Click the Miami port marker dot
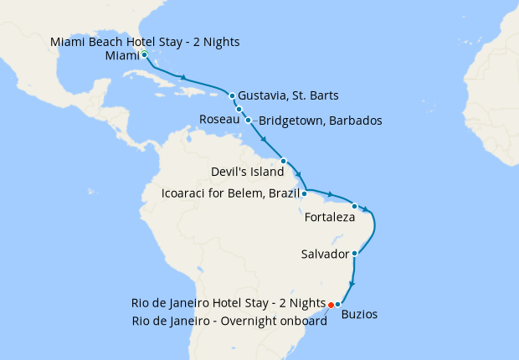click(x=145, y=55)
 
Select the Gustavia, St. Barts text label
click(x=288, y=95)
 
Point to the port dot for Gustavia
click(x=232, y=95)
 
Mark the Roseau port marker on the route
click(x=239, y=110)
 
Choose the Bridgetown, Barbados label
click(x=321, y=121)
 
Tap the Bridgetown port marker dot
click(x=248, y=121)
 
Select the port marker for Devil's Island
click(x=284, y=161)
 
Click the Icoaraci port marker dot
click(x=304, y=193)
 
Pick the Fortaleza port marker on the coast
click(x=355, y=206)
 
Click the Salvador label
click(x=325, y=253)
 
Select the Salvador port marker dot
click(x=355, y=253)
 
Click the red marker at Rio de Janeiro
click(x=331, y=304)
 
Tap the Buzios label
click(x=360, y=315)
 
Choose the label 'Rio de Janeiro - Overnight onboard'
click(x=228, y=321)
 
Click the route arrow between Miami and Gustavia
click(x=182, y=78)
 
